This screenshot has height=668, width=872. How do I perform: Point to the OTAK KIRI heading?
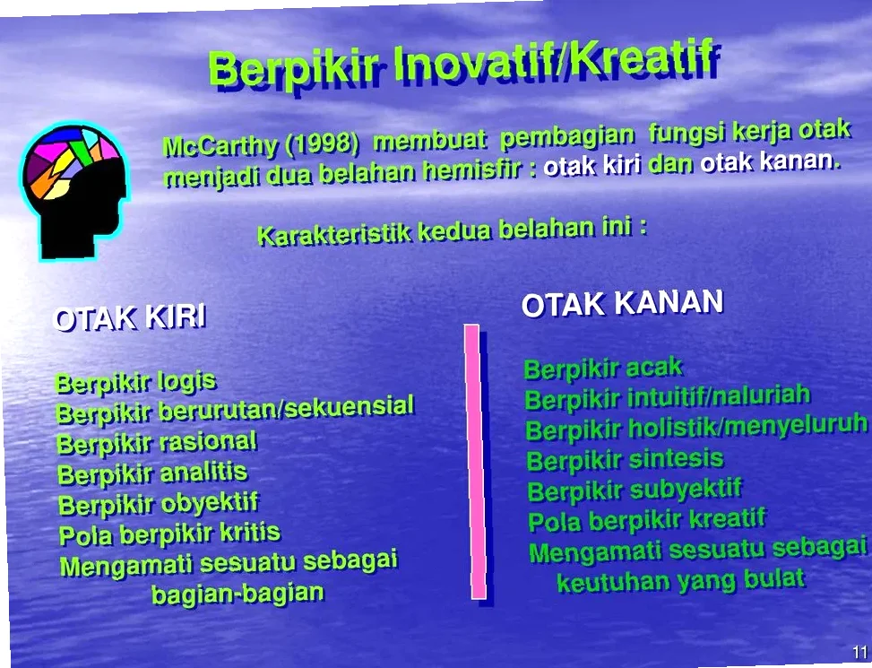(x=130, y=317)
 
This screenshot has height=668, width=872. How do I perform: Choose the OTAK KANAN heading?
(x=622, y=303)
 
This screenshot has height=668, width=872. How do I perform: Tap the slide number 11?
(x=859, y=652)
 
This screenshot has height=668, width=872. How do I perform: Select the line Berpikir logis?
(x=135, y=382)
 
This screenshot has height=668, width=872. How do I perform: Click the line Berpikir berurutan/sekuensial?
(x=235, y=411)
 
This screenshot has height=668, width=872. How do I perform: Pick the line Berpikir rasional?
(x=157, y=443)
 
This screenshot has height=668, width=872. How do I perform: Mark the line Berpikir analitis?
(x=152, y=473)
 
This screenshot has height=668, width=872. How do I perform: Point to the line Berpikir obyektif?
(x=159, y=504)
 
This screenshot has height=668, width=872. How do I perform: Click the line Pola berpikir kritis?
(x=169, y=534)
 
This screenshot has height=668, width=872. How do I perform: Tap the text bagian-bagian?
(x=237, y=594)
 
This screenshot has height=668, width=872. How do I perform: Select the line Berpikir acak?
(x=603, y=369)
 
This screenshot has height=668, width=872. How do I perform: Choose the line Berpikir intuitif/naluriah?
(x=668, y=396)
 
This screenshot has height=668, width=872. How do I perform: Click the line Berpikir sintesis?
(x=625, y=461)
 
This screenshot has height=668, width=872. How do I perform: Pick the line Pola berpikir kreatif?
(x=647, y=519)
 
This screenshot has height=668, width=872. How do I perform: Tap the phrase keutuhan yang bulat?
(x=680, y=580)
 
